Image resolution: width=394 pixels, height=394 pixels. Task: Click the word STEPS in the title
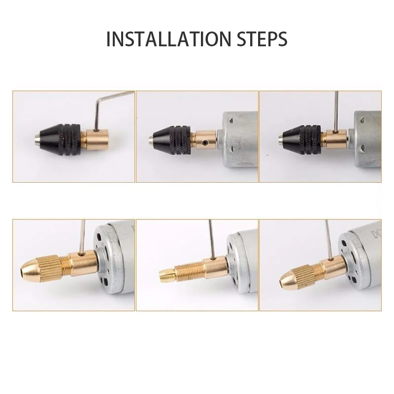click(262, 39)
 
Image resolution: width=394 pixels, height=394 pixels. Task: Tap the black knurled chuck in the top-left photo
click(62, 139)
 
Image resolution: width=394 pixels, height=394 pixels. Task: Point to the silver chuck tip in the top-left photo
click(37, 138)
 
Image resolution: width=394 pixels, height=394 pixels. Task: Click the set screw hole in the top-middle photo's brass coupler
click(206, 143)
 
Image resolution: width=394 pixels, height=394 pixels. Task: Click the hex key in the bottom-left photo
click(82, 237)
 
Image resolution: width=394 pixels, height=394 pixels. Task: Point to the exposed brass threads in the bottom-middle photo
click(189, 271)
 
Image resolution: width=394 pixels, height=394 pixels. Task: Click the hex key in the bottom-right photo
click(328, 240)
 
